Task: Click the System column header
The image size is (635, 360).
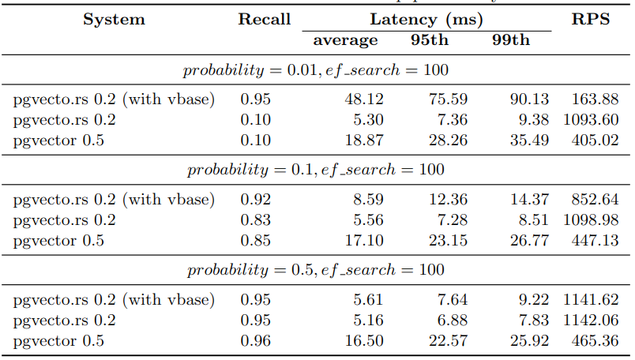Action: [x=114, y=20]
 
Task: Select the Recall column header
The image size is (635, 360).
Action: [x=265, y=20]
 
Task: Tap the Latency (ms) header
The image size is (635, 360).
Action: [x=426, y=20]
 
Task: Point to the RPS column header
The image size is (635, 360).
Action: [x=591, y=20]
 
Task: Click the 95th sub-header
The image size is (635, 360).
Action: [x=431, y=40]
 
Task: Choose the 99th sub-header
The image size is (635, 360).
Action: [x=510, y=40]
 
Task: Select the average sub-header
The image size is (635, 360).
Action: [x=345, y=40]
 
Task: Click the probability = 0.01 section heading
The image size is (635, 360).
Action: [x=315, y=70]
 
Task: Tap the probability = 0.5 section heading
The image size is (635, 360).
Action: [x=315, y=270]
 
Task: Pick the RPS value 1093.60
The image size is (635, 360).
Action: [x=590, y=120]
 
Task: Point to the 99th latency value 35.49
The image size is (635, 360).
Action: [x=529, y=141]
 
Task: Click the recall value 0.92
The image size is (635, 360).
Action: [x=255, y=200]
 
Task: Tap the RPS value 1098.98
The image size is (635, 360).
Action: [x=590, y=220]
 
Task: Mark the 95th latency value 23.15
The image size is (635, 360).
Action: [x=448, y=241]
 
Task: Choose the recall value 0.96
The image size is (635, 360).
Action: [x=255, y=341]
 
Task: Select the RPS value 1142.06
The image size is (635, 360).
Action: [x=590, y=321]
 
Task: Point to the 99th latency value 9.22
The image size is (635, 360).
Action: [x=534, y=300]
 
